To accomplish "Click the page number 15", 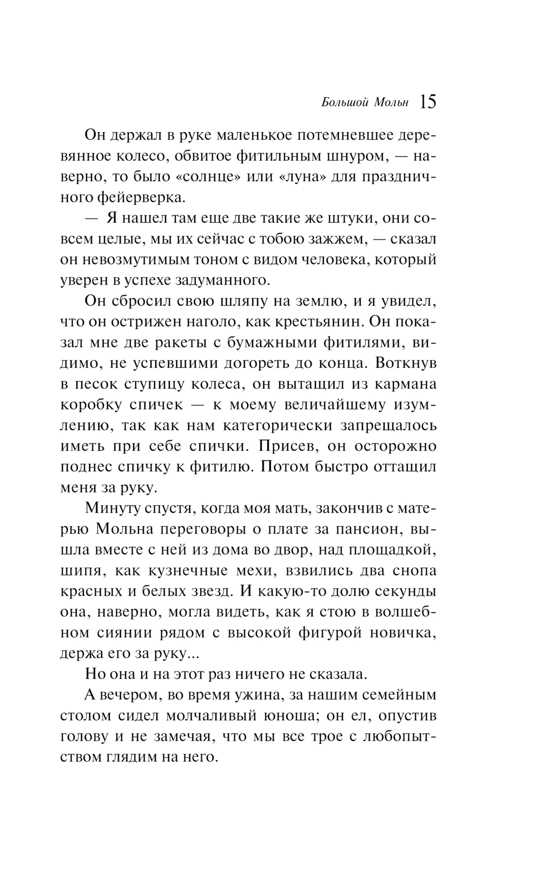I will tap(427, 101).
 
